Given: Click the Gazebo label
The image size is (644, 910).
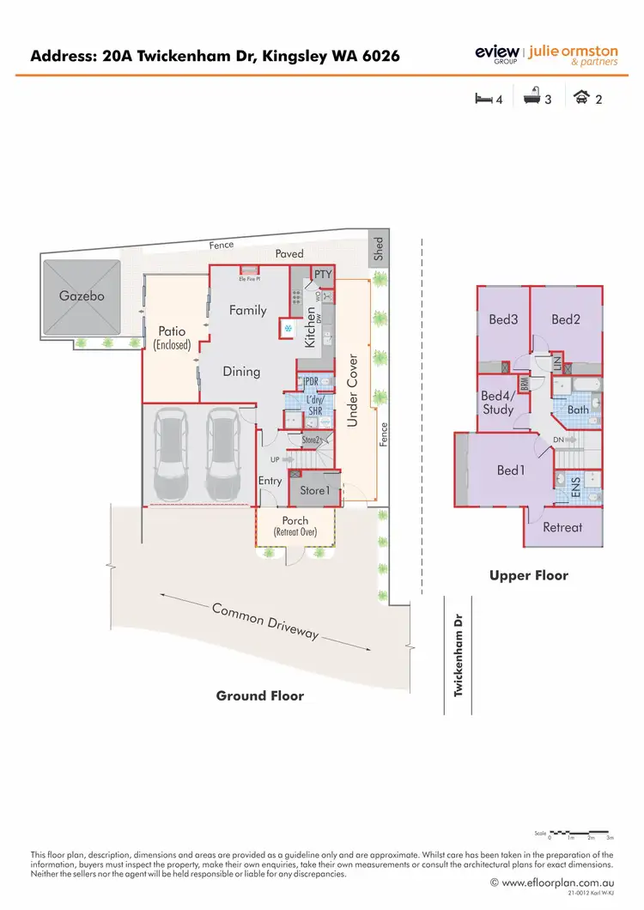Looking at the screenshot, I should click(x=82, y=296).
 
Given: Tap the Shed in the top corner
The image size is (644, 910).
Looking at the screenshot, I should click(x=379, y=250).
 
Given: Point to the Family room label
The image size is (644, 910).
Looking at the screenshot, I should click(x=247, y=311).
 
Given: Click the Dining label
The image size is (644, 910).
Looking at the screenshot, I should click(x=241, y=372).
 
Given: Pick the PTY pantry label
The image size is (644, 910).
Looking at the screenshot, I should click(x=322, y=275).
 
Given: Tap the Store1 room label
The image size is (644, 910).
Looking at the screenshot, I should click(x=314, y=491).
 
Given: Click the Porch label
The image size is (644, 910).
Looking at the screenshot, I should click(x=295, y=521).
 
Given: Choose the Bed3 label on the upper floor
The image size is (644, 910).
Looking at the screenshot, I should click(x=503, y=320).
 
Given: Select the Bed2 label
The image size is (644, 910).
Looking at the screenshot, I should click(x=566, y=320).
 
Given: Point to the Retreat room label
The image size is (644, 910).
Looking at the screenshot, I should click(x=562, y=527).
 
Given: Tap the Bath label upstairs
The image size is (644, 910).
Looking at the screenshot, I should click(x=578, y=409).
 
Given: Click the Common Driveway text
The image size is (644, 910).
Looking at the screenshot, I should click(x=266, y=622).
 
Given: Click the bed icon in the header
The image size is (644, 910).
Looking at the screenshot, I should click(x=483, y=99).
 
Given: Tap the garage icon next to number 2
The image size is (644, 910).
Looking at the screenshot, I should click(x=581, y=99).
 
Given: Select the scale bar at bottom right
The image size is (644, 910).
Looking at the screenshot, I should click(x=580, y=833).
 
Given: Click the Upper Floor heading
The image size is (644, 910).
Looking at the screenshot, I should click(x=529, y=576).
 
